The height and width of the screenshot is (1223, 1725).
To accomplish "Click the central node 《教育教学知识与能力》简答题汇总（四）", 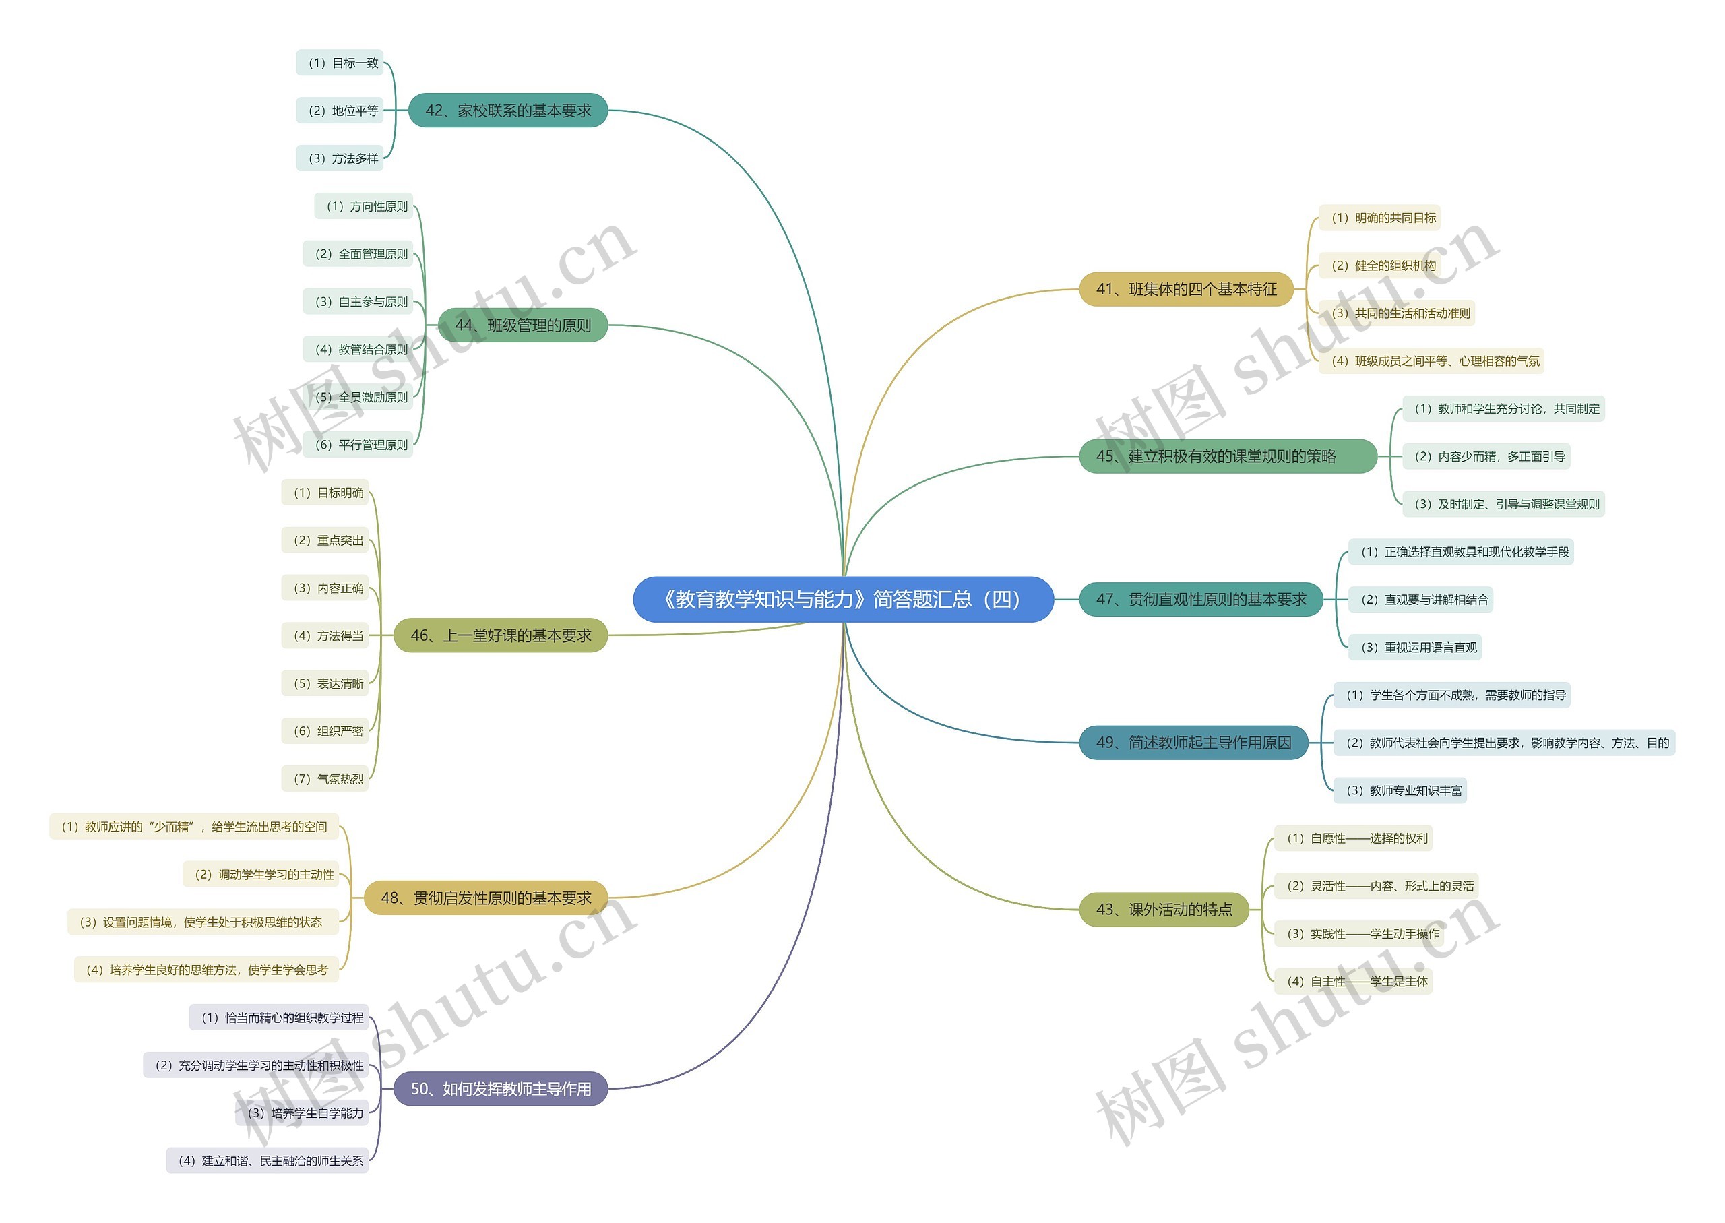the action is tap(842, 600).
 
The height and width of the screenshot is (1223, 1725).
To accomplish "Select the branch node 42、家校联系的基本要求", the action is tap(507, 111).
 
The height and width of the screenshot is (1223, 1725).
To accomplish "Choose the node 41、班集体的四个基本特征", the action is tap(1186, 289).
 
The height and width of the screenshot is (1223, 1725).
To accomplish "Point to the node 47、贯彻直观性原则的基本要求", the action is tap(1201, 600).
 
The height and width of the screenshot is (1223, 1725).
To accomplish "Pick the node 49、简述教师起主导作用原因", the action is tap(1193, 743).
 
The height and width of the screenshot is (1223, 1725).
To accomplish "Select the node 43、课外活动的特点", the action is tap(1164, 910).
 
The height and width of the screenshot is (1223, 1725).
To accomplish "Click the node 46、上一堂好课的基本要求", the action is tap(501, 635).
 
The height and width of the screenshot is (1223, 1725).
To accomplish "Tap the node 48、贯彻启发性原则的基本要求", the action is tap(486, 898).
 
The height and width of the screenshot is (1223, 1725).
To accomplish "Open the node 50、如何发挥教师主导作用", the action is tap(501, 1089).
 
